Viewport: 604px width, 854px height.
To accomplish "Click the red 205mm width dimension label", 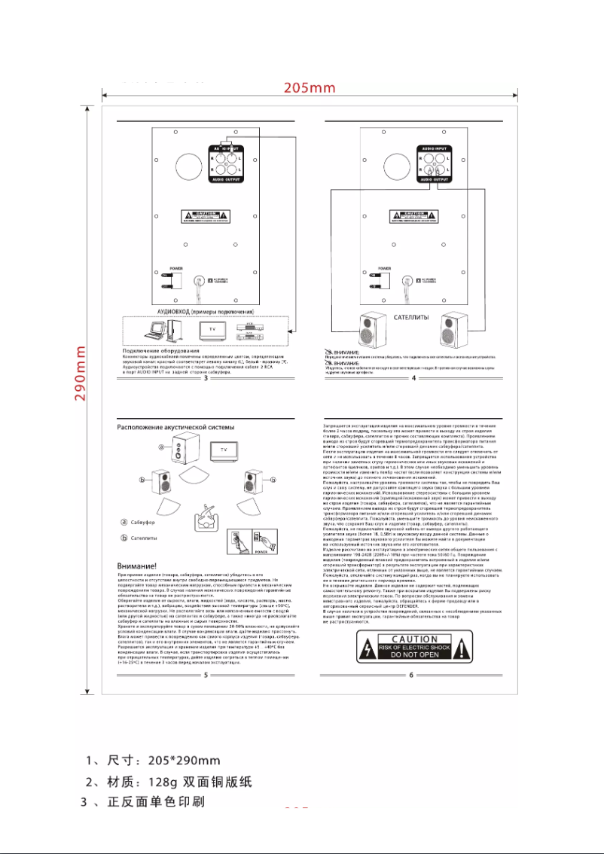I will (x=310, y=87).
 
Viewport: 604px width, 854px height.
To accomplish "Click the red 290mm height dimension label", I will (x=82, y=373).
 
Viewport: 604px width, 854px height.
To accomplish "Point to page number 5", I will (x=206, y=674).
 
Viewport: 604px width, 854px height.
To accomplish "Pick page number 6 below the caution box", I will (x=412, y=674).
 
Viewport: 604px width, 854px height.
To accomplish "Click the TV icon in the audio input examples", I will (x=212, y=330).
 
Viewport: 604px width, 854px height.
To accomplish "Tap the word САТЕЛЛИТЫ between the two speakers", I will (x=410, y=318).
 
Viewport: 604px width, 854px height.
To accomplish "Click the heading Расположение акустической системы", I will (x=175, y=427).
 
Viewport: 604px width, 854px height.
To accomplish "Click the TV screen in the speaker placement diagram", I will (x=223, y=449).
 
